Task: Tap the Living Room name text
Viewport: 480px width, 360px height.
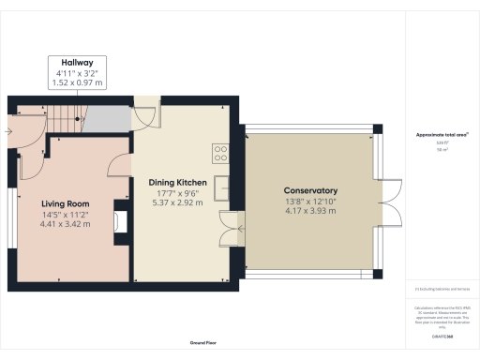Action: click(66, 202)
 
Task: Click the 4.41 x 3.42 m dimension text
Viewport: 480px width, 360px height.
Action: click(66, 225)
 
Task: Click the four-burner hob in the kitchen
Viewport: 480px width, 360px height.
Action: click(222, 151)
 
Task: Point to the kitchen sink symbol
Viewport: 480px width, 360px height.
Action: click(223, 187)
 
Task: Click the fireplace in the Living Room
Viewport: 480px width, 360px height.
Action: click(120, 220)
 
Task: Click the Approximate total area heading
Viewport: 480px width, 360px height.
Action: click(442, 135)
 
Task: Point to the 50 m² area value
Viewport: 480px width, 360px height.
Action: click(442, 148)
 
